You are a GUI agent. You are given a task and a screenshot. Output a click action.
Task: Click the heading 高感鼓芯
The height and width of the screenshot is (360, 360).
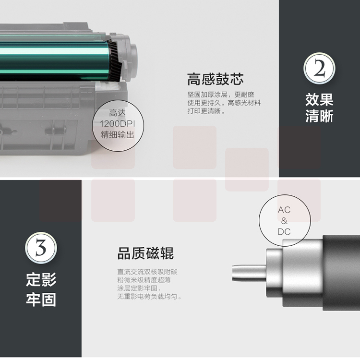click(215, 79)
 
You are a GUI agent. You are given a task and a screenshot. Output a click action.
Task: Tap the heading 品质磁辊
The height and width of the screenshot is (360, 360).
click(145, 253)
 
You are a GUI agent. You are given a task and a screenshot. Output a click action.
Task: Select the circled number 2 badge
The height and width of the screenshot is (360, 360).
click(319, 69)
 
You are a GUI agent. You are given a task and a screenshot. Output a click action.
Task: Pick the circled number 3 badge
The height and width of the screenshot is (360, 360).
click(41, 248)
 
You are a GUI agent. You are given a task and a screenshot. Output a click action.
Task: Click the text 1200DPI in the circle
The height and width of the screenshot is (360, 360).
click(117, 124)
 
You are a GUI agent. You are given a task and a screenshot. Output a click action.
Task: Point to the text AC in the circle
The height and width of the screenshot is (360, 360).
click(284, 210)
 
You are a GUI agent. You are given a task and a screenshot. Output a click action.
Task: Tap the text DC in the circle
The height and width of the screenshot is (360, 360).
click(284, 232)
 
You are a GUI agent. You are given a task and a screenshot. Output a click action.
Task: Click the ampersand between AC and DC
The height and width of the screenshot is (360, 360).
click(284, 221)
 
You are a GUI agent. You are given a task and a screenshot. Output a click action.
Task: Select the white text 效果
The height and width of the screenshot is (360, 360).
click(319, 100)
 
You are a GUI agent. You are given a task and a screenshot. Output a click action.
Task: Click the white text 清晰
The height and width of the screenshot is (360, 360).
click(319, 116)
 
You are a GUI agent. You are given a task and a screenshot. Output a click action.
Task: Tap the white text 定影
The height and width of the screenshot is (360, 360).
click(41, 280)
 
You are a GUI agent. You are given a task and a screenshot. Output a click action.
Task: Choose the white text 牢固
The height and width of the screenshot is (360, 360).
click(41, 300)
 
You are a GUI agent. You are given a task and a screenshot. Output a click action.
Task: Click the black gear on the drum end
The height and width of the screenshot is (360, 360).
click(114, 61)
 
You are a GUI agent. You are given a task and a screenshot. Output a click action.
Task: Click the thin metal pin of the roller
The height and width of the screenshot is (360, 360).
click(249, 273)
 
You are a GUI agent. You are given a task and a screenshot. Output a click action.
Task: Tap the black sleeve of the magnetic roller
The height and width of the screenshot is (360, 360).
click(341, 273)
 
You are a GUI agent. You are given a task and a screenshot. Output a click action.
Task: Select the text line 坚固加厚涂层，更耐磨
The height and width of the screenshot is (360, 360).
click(221, 95)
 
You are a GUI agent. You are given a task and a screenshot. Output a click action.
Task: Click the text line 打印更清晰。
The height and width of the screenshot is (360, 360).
click(206, 111)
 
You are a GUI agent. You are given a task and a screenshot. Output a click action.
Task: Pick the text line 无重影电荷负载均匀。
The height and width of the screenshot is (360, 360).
click(149, 297)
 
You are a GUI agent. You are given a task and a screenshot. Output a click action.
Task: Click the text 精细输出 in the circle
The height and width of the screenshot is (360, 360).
click(117, 135)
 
